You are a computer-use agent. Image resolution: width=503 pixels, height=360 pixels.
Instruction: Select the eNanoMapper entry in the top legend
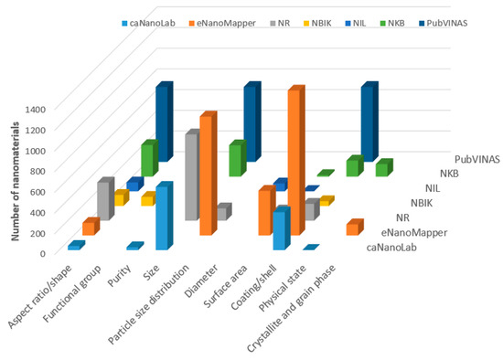click(x=215, y=22)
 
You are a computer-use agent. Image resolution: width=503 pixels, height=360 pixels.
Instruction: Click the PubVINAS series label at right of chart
click(x=476, y=159)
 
